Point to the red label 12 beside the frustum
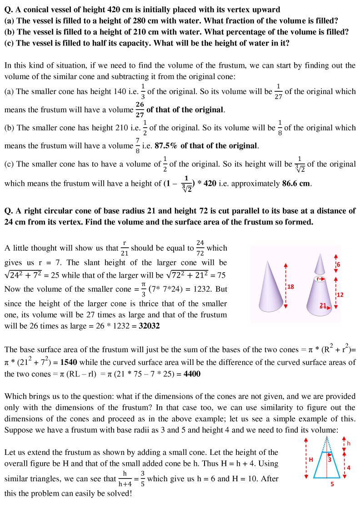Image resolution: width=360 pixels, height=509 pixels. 340,294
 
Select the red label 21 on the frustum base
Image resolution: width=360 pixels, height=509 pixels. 324,305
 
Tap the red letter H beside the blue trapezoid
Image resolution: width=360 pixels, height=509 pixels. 311,459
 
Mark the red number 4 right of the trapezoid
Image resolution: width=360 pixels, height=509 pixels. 348,467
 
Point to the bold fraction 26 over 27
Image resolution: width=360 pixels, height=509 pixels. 139,110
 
